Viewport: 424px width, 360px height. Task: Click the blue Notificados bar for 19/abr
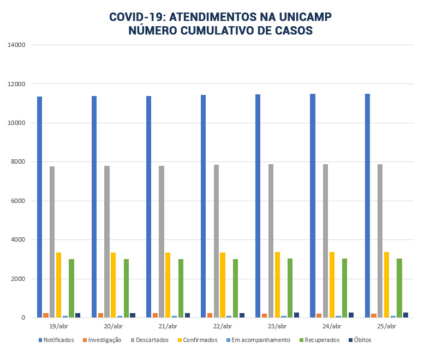[40, 207]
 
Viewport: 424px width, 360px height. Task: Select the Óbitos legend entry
[363, 340]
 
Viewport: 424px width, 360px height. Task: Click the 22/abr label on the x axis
[223, 326]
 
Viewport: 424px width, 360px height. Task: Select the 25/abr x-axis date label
[386, 326]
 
